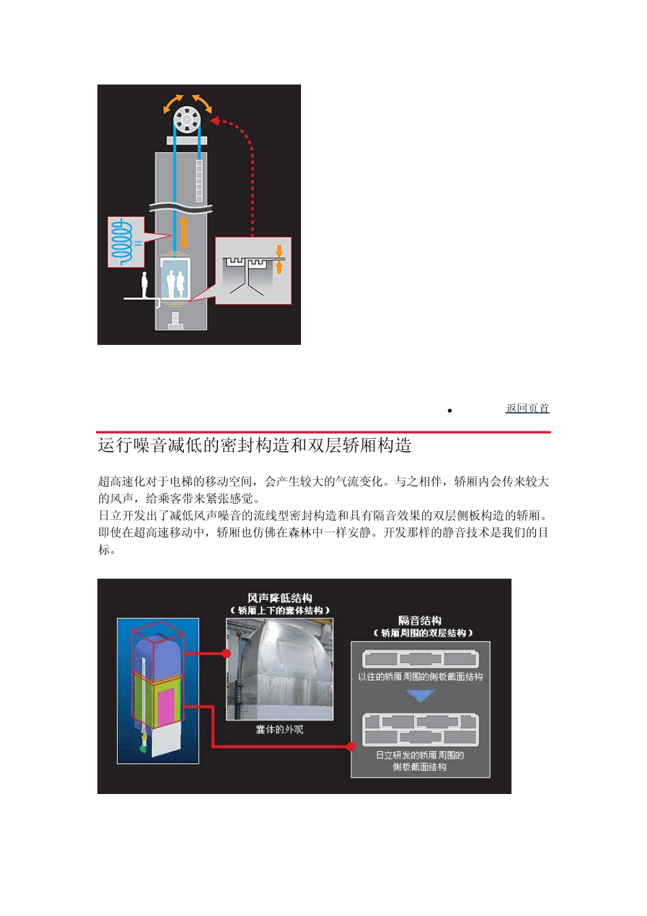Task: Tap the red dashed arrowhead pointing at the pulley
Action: [214, 121]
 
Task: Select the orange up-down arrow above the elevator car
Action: [184, 233]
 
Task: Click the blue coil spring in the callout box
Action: [122, 242]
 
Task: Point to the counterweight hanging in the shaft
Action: [199, 180]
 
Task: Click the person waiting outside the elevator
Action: [144, 284]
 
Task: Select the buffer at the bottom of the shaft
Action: [176, 318]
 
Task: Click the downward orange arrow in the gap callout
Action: [279, 250]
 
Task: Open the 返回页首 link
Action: [527, 408]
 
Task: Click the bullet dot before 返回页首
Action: [450, 410]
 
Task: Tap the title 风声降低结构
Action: [280, 598]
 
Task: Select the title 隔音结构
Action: [420, 620]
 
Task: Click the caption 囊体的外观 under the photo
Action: [279, 729]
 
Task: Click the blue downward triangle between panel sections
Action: [420, 696]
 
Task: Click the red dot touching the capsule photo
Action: [226, 654]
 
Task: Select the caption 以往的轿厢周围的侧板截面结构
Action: [420, 677]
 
